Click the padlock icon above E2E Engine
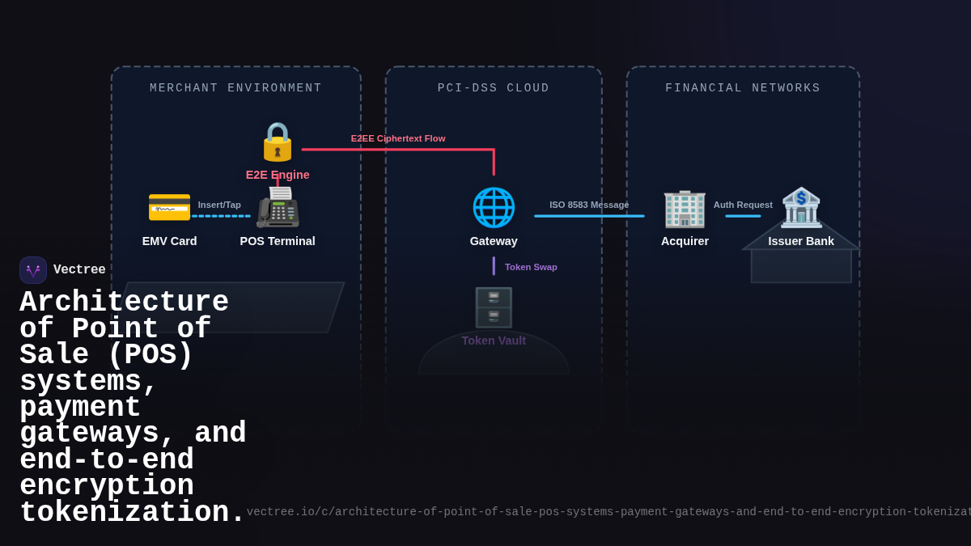[278, 142]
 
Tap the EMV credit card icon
[169, 207]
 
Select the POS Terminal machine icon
[278, 207]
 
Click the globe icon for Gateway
[494, 207]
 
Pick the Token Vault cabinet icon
[494, 307]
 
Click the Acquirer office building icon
[685, 208]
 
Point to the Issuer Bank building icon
[801, 207]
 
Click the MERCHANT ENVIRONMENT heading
[235, 88]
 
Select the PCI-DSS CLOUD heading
[494, 88]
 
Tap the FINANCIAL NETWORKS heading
[743, 88]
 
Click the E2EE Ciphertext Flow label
[398, 138]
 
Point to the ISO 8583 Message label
[589, 205]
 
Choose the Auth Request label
[743, 205]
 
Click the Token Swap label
[531, 267]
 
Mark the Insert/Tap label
[219, 205]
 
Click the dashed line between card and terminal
[221, 216]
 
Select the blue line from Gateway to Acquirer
[589, 216]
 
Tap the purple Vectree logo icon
[33, 270]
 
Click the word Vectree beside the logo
[79, 269]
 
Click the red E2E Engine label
[278, 175]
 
